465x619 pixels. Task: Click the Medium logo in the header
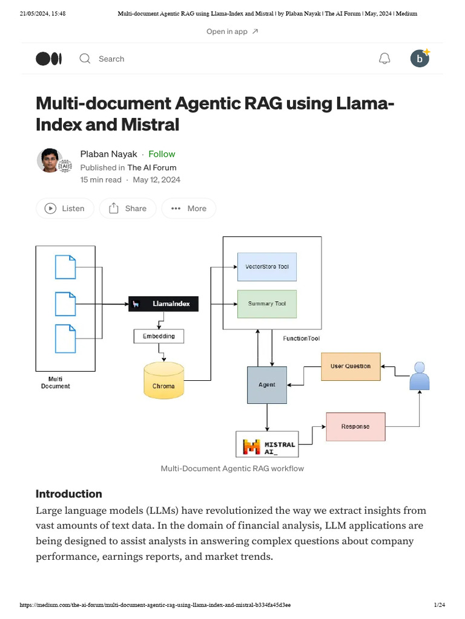coord(49,59)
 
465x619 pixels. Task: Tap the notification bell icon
coord(384,59)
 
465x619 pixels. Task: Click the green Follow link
coord(162,154)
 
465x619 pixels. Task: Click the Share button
coord(128,209)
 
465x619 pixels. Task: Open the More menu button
coord(189,209)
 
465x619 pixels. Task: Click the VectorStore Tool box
coord(267,267)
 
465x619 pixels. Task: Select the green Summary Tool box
coord(267,303)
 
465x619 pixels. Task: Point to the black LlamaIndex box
coord(163,304)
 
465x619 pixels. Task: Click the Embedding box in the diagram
coord(159,336)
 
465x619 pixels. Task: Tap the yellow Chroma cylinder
coord(163,380)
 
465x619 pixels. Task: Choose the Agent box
coord(267,384)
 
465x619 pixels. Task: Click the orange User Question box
coord(351,366)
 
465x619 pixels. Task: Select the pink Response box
coord(355,427)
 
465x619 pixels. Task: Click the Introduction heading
coord(69,494)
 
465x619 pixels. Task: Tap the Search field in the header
coord(111,59)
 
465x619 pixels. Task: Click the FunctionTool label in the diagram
coord(301,339)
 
